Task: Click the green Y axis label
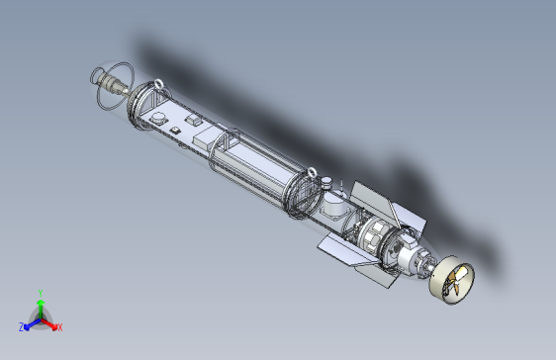[x=40, y=293]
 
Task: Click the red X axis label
[x=59, y=326]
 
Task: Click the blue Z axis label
[x=22, y=326]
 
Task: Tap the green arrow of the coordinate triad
[x=40, y=305]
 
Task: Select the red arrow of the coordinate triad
[x=50, y=322]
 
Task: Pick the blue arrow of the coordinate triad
[x=31, y=322]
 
